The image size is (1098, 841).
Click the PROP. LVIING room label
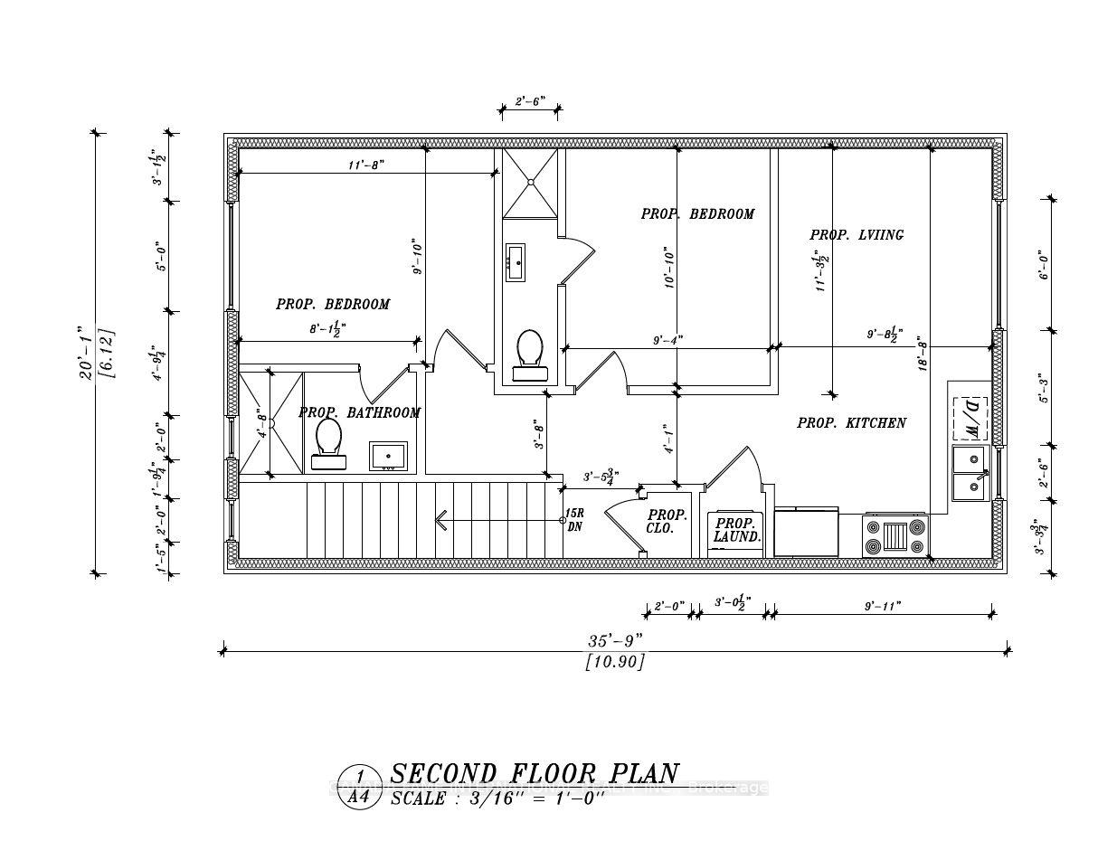click(856, 235)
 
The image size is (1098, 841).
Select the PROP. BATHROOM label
click(359, 413)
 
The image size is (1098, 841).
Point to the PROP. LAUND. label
click(737, 530)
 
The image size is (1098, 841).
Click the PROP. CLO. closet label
click(667, 522)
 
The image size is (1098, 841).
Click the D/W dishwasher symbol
click(969, 419)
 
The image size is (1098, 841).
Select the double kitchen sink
click(970, 474)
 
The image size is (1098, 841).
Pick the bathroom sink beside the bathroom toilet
click(391, 457)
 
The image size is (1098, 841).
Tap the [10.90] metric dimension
click(615, 662)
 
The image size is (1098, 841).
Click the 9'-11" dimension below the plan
click(883, 606)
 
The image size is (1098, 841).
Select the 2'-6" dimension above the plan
click(529, 103)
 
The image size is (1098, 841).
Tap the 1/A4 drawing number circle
click(360, 787)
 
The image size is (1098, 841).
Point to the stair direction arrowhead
click(441, 520)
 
